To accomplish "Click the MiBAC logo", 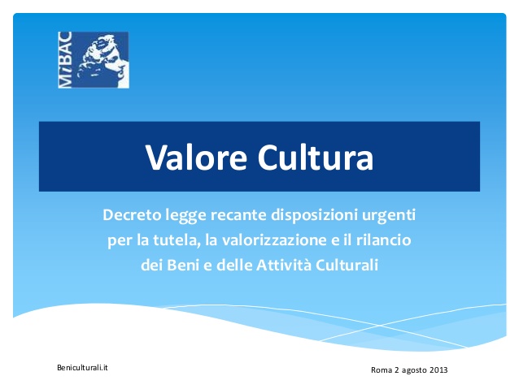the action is tap(94, 60).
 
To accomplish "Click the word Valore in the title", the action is tap(196, 158).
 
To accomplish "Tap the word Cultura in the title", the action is tap(316, 158).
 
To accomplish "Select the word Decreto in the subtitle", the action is tap(132, 215).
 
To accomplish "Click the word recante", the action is tap(238, 215).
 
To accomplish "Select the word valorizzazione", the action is tap(274, 240).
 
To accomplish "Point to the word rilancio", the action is tap(384, 240).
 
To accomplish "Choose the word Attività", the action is tap(284, 265).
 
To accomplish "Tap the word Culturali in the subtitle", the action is tap(347, 265).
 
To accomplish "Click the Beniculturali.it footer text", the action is tap(82, 368).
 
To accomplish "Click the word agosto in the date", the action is tap(414, 370).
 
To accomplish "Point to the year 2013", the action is tap(438, 370).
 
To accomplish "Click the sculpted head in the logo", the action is tap(101, 60).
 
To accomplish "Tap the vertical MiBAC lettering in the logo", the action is tap(65, 60).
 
